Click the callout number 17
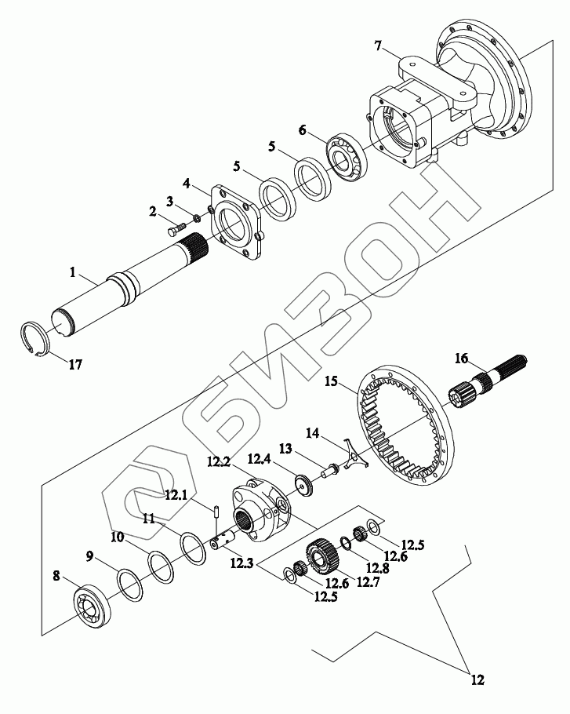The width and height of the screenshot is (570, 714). [76, 365]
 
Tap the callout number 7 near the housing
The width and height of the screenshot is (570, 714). [379, 47]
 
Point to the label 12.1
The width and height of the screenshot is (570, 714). [176, 494]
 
